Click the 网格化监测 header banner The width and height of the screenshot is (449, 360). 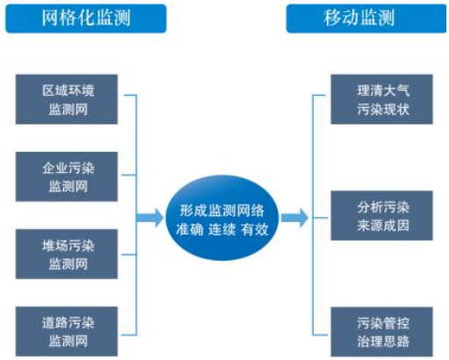pos(86,18)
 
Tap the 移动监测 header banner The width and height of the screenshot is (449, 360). pos(366,18)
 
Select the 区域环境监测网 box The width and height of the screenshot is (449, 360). pos(67,99)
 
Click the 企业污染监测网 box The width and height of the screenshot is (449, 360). pos(67,176)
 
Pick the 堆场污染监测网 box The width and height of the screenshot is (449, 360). pos(67,254)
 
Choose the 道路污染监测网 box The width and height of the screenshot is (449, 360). pos(67,331)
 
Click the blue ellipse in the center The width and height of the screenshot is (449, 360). pos(222,218)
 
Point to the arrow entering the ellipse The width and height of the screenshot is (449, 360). pos(149,218)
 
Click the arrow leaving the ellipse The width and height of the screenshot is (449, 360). pos(294,218)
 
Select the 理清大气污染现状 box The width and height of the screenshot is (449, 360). pos(381,99)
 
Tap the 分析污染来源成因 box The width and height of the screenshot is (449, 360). pos(381,215)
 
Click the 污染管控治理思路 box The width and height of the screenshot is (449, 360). pos(381,332)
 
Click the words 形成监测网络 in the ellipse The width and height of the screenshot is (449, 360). pos(222,210)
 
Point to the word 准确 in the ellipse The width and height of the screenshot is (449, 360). pos(190,229)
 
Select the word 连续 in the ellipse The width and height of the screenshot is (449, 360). pos(222,229)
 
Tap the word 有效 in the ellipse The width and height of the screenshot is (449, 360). pos(255,229)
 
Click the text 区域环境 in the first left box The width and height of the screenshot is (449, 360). pos(69,90)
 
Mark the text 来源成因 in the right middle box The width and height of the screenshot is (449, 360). pos(383,226)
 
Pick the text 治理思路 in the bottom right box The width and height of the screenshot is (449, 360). pos(383,342)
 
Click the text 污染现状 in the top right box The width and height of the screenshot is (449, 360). pos(383,110)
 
